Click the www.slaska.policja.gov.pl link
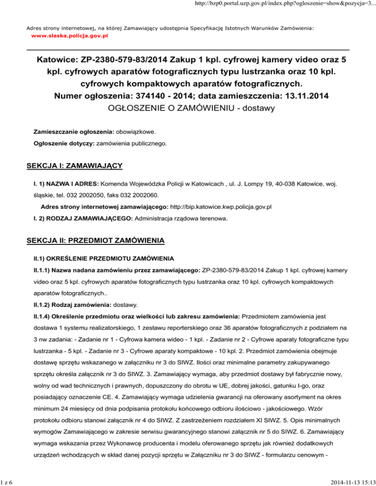[70, 36]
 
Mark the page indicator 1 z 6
[9, 481]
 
